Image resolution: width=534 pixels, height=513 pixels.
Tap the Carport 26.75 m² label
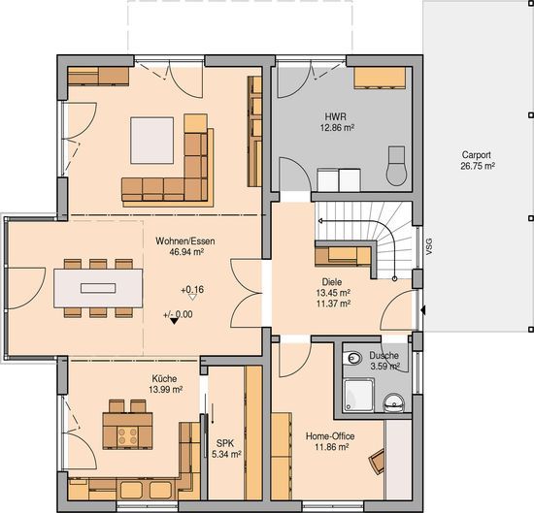pos(477,160)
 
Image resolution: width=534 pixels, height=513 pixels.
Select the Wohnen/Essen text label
pos(185,241)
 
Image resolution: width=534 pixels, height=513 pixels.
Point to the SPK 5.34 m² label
pos(226,448)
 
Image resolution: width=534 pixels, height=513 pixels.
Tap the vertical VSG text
pos(429,247)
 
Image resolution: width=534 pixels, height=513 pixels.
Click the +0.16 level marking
pos(192,290)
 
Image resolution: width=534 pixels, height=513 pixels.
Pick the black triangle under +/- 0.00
pos(174,321)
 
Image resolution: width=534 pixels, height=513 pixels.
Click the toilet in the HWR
pos(397,166)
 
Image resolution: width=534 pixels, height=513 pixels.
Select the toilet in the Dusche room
pos(352,358)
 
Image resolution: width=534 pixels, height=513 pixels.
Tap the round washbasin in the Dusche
pos(393,403)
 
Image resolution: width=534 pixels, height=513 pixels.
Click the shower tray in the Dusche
pos(359,396)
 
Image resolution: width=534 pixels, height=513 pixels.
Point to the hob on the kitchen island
pos(127,437)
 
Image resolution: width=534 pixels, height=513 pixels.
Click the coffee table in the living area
pos(151,141)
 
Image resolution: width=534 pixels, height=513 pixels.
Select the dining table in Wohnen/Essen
pos(98,288)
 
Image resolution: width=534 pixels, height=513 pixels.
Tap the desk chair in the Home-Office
pos(377,462)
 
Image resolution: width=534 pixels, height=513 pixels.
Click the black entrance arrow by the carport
pos(422,310)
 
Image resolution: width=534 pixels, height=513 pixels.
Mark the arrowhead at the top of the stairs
pos(320,221)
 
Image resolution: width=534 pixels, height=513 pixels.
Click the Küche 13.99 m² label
pos(165,384)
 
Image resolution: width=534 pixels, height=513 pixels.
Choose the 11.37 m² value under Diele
pos(334,304)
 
